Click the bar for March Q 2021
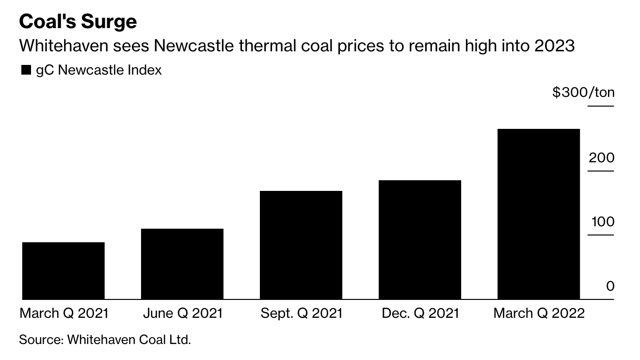click(x=64, y=270)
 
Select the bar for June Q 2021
click(x=182, y=264)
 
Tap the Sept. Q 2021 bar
click(x=301, y=245)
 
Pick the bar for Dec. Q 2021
click(x=420, y=239)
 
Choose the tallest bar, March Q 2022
click(x=539, y=214)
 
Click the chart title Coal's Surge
click(x=78, y=22)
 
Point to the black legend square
click(x=26, y=71)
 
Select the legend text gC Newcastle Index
click(x=99, y=70)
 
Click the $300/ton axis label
click(x=583, y=92)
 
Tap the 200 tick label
click(x=602, y=157)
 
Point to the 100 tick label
click(x=602, y=222)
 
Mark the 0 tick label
click(x=610, y=286)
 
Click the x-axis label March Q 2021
click(x=64, y=313)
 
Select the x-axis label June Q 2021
click(x=183, y=313)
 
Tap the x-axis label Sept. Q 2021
click(x=301, y=313)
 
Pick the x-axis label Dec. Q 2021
click(x=420, y=313)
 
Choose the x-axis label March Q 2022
click(x=539, y=313)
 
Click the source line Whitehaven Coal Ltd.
click(x=129, y=339)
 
